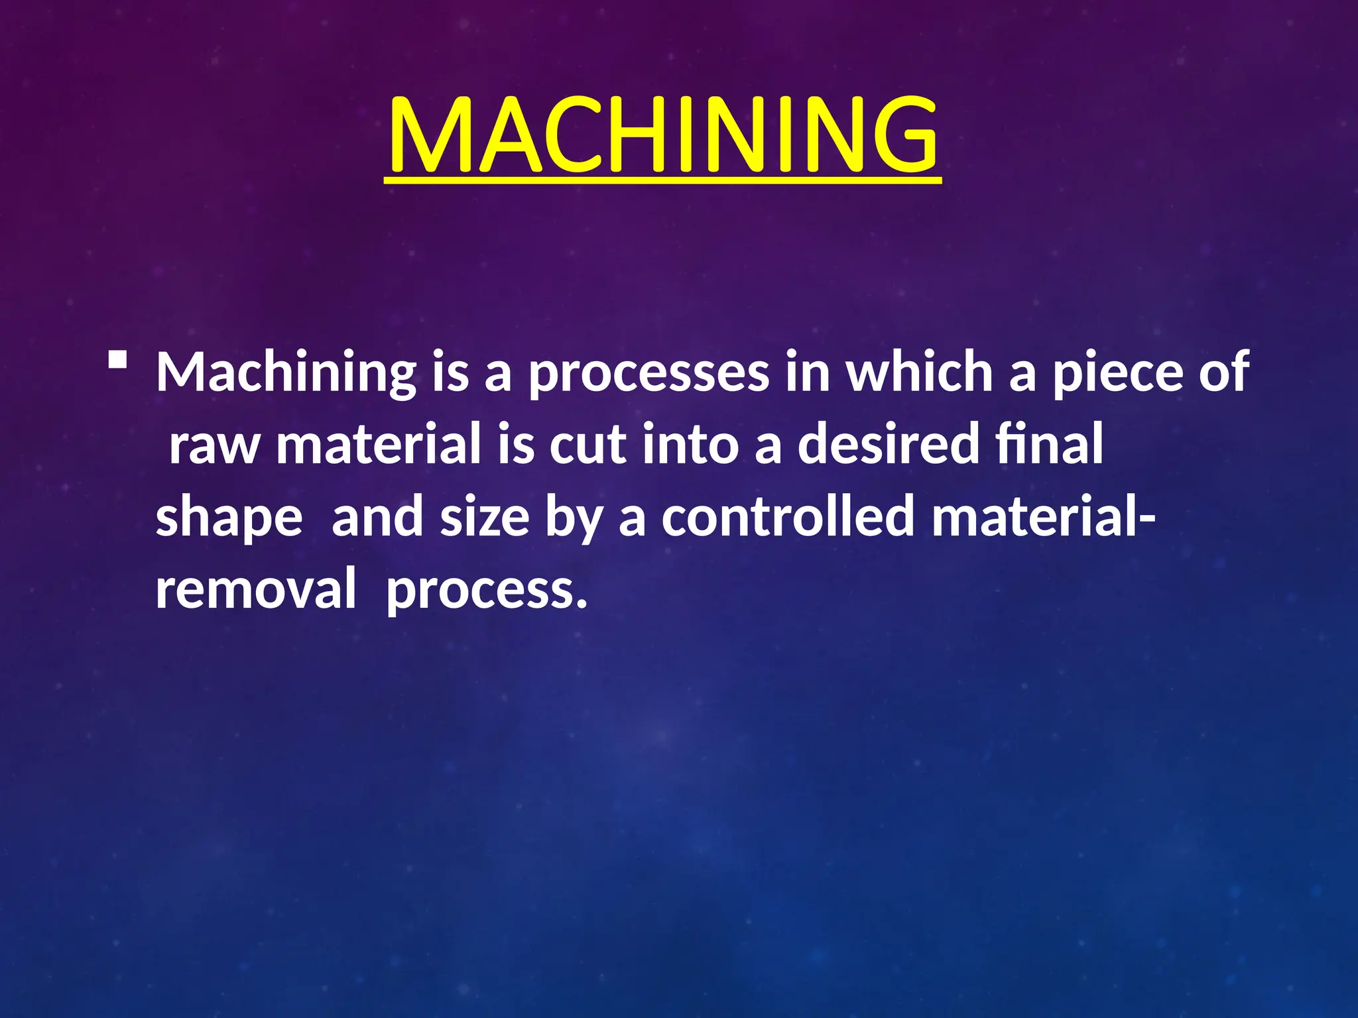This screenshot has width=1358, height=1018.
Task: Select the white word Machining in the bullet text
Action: (x=286, y=372)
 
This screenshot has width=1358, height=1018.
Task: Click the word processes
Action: (x=648, y=372)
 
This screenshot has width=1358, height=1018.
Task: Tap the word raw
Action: (x=214, y=445)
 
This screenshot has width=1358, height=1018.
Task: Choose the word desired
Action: (x=888, y=445)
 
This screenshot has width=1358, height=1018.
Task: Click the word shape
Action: (x=229, y=518)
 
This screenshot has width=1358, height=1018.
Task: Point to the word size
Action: (x=485, y=516)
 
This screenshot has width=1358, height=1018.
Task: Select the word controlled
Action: (x=788, y=516)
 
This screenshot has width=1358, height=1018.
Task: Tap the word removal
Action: (x=255, y=589)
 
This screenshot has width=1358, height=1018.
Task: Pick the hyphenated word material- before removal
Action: (x=1044, y=516)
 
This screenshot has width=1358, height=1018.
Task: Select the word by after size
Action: (x=574, y=518)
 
